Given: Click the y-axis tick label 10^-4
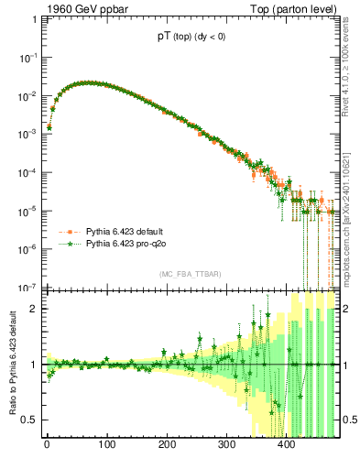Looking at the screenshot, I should pyautogui.click(x=27, y=172).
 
